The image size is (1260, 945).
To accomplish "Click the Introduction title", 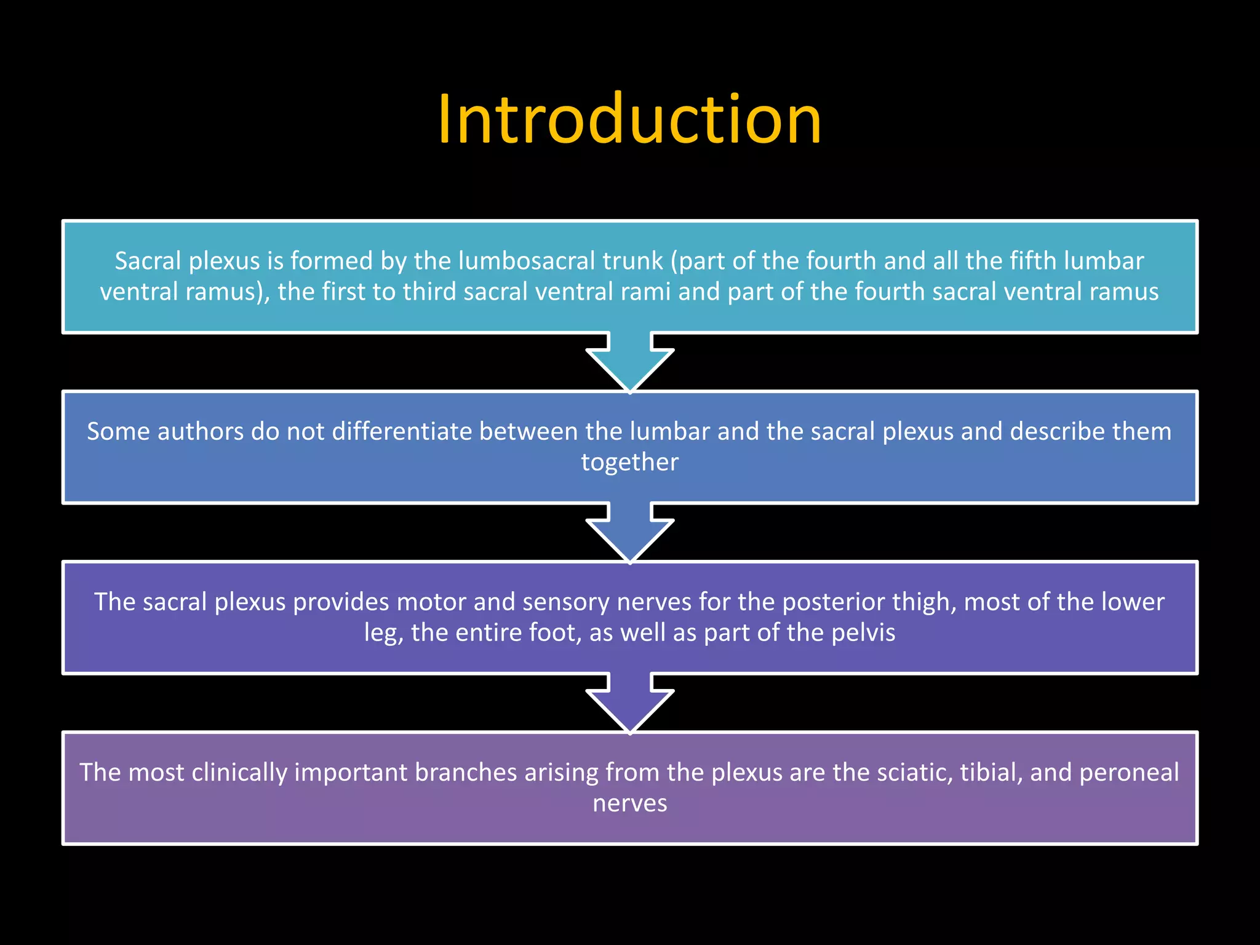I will (x=629, y=119).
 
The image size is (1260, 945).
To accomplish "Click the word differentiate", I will (x=402, y=431).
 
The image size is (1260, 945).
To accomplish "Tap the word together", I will (x=629, y=463).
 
